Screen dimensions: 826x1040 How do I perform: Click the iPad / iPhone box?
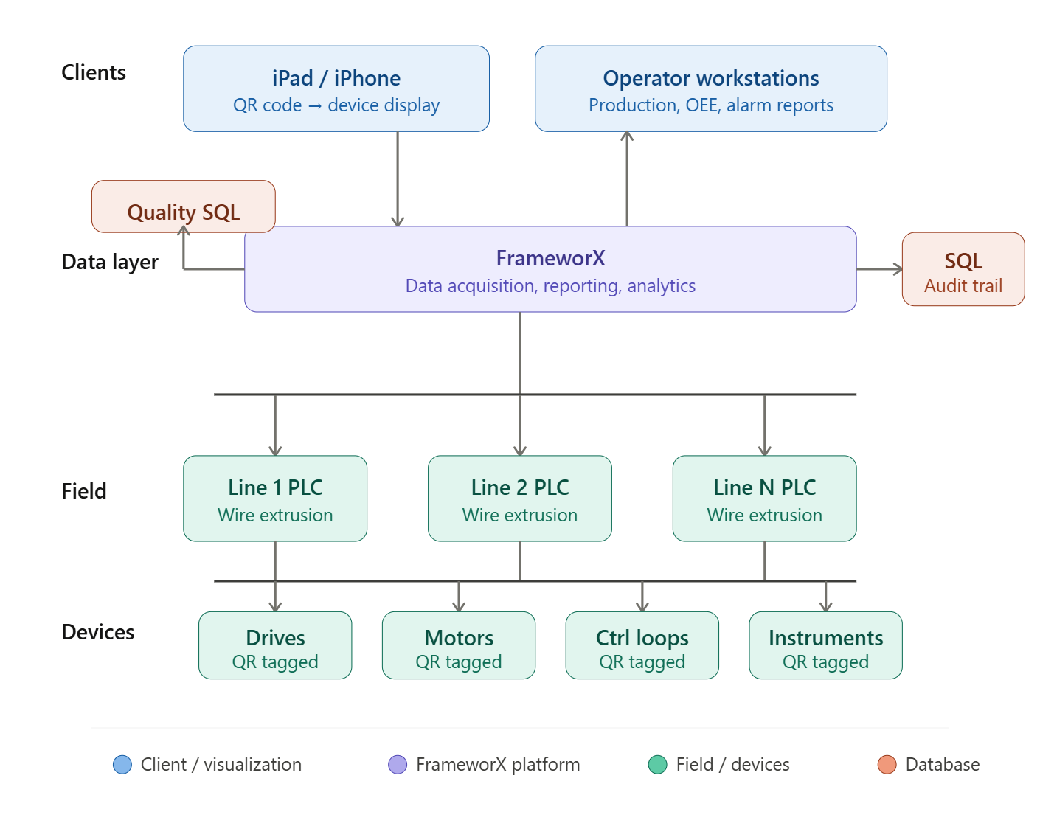pyautogui.click(x=336, y=89)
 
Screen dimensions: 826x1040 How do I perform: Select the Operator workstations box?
pyautogui.click(x=711, y=89)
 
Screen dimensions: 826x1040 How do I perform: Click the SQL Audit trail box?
pyautogui.click(x=963, y=269)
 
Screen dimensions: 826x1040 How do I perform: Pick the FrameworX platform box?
pyautogui.click(x=550, y=269)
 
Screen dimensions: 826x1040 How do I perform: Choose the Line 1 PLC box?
pyautogui.click(x=275, y=499)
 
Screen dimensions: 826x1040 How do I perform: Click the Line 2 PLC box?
pyautogui.click(x=520, y=499)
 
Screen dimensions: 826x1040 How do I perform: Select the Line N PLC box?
pyautogui.click(x=765, y=499)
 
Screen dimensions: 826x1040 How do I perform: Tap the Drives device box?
pyautogui.click(x=275, y=645)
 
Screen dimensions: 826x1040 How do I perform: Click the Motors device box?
pyautogui.click(x=459, y=645)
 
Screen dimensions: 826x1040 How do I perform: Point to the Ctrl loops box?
pyautogui.click(x=642, y=645)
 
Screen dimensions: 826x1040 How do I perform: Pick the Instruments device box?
pyautogui.click(x=826, y=645)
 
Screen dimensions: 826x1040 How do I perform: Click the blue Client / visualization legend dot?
pyautogui.click(x=122, y=765)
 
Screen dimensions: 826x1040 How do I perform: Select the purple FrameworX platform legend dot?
pyautogui.click(x=398, y=765)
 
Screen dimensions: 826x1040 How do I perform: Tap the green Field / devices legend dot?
pyautogui.click(x=657, y=765)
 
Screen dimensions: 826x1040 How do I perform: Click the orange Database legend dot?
pyautogui.click(x=887, y=765)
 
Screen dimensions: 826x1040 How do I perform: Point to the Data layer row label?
pyautogui.click(x=110, y=262)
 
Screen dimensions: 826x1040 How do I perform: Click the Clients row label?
pyautogui.click(x=94, y=72)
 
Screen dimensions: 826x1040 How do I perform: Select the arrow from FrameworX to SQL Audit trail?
pyautogui.click(x=879, y=269)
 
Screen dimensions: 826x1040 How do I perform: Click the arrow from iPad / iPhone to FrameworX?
pyautogui.click(x=398, y=179)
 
